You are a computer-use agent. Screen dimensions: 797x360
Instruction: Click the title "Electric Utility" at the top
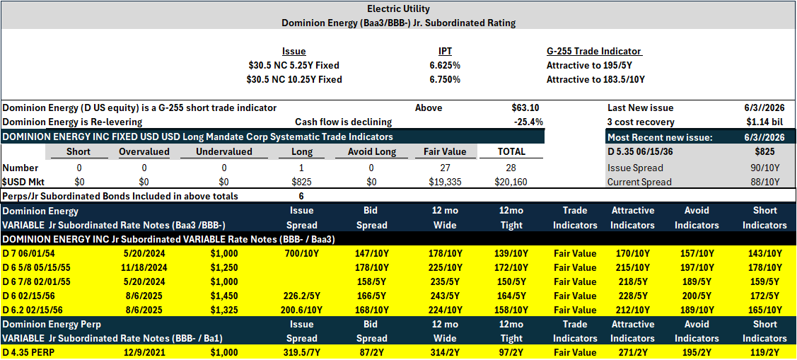[x=398, y=8]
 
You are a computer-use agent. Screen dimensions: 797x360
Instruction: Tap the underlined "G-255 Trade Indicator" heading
[x=594, y=52]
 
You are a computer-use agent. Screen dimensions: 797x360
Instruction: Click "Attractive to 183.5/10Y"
[x=595, y=79]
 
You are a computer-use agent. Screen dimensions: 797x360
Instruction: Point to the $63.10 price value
[x=525, y=108]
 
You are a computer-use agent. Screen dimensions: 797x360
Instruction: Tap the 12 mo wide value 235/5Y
[x=445, y=281]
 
